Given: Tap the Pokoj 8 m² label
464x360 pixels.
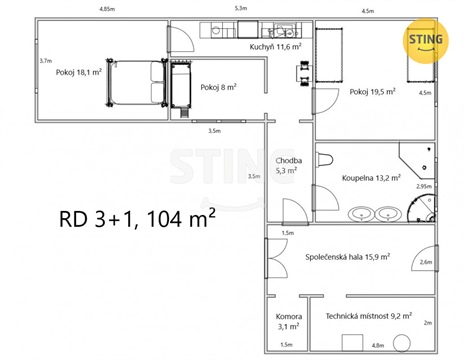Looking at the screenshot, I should (x=217, y=87).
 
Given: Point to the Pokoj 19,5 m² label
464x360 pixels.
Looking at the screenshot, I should (x=372, y=92).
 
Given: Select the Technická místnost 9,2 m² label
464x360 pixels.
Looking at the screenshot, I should (x=366, y=317).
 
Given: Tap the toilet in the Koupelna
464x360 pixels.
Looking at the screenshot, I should (x=325, y=160).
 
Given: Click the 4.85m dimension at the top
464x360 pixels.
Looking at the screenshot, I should (x=106, y=9).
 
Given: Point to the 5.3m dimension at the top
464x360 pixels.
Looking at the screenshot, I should (x=240, y=9).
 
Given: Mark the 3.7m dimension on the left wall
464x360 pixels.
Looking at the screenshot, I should (x=45, y=60).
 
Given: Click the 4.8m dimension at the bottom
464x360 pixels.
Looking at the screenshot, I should (x=378, y=346).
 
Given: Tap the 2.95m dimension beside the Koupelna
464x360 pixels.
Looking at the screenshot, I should (x=424, y=186).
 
